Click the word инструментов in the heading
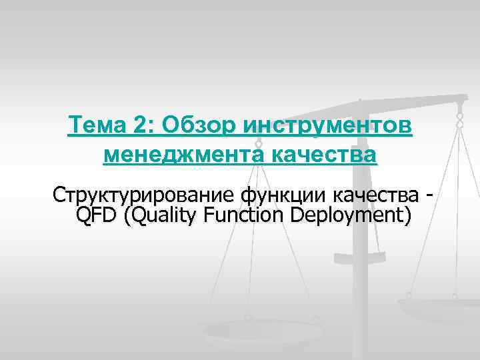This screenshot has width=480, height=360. click(328, 125)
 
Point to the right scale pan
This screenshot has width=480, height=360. click(440, 307)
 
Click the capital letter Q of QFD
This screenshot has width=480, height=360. click(85, 215)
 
